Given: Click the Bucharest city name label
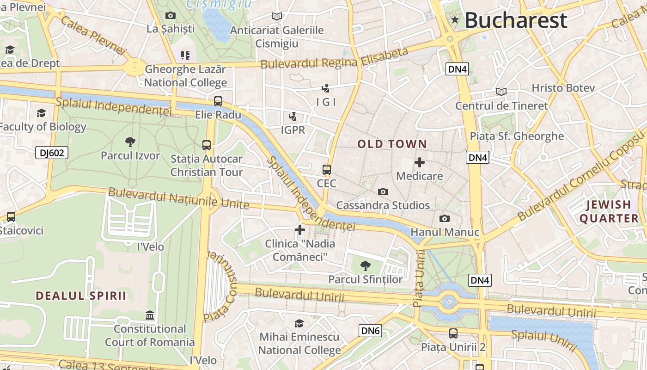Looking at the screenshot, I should pos(515,20).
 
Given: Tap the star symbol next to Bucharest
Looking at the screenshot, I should pos(455,20).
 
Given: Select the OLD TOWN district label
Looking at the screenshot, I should pos(392,144).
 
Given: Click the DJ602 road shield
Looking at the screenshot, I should pos(52,153).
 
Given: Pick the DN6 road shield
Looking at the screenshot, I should pos(370,330).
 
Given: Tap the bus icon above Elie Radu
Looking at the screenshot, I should pos(218,101).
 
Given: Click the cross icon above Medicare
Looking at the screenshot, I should pos(419,162).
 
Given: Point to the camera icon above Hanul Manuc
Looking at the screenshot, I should pos(444,218).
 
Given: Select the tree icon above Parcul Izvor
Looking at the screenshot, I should pos(130,142).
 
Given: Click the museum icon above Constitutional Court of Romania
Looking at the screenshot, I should pos(150,315).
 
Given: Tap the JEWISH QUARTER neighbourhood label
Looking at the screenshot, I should pos(609,211).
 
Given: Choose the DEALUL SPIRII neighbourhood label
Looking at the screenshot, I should pos(81,296).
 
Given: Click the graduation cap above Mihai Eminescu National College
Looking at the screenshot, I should pos(299,323).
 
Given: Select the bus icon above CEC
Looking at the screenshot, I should pos(327,169).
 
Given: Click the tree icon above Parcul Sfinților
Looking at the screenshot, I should pos(365,265).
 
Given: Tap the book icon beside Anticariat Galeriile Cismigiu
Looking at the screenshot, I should pos(276,17).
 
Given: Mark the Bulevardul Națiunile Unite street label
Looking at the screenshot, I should pos(178,198).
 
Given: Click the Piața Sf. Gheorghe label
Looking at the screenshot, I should pos(517,136).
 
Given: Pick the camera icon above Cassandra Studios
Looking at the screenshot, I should pos(383,191).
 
